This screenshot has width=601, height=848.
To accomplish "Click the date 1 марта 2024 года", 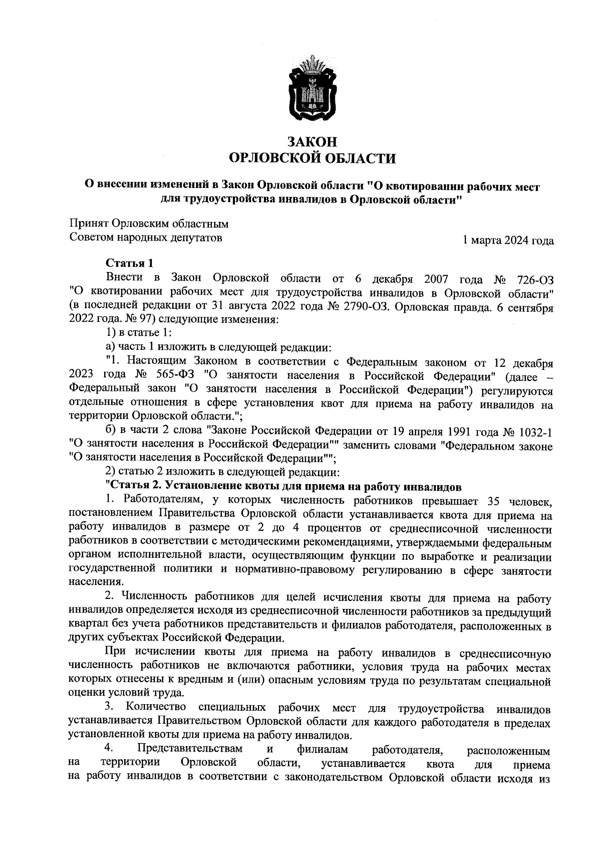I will pos(508,241).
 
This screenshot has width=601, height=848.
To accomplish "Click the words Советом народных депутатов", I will pos(145,238).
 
